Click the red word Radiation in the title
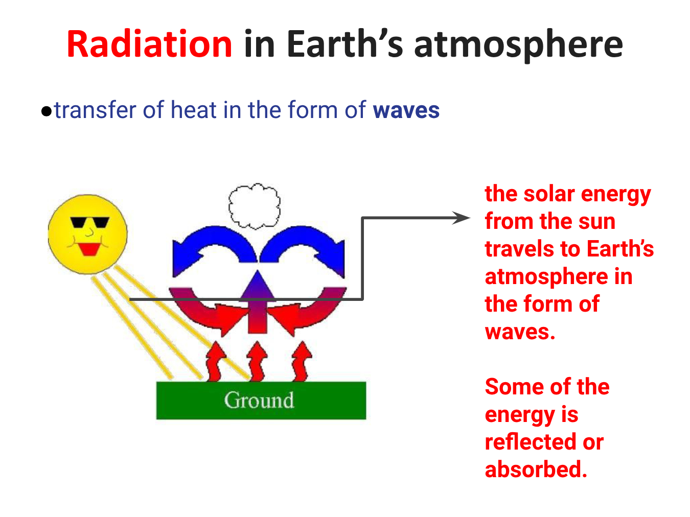(x=149, y=43)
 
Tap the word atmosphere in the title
(x=518, y=45)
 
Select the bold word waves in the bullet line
(x=406, y=110)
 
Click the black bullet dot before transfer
(x=47, y=111)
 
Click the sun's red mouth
(x=89, y=249)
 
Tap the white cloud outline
(x=254, y=206)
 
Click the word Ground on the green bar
(x=259, y=400)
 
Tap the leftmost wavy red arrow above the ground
(x=215, y=361)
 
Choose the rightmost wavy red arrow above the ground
(x=302, y=361)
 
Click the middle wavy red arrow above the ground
(x=257, y=361)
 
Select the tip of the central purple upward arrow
(x=258, y=271)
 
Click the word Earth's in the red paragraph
(x=620, y=249)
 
